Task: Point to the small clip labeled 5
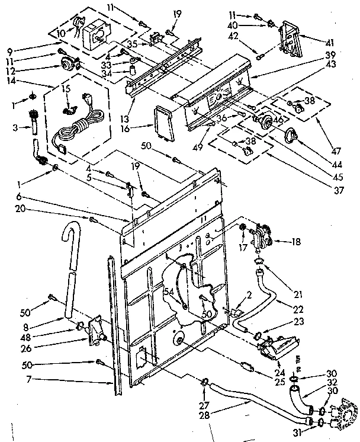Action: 128,189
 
